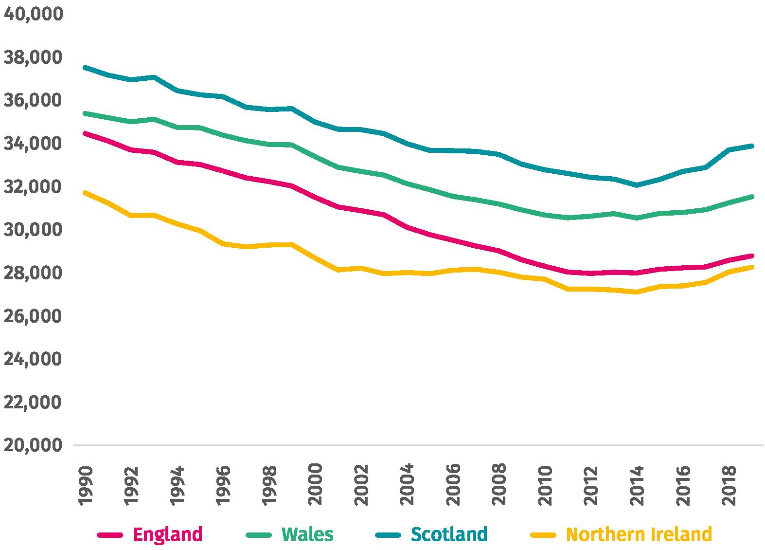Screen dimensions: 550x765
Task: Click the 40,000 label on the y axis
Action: click(x=33, y=14)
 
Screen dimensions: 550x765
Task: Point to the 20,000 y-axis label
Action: click(x=33, y=445)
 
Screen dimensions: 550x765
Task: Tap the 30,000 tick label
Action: click(x=33, y=230)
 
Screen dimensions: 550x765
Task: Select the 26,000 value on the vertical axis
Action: click(x=33, y=316)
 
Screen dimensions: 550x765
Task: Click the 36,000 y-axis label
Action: click(x=33, y=100)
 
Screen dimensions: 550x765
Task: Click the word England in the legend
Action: click(x=168, y=534)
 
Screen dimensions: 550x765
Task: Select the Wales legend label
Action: click(x=308, y=534)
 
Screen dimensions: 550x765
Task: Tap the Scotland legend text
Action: click(x=449, y=534)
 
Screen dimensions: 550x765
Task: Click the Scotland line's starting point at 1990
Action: click(x=85, y=68)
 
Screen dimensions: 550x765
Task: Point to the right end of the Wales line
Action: click(x=752, y=197)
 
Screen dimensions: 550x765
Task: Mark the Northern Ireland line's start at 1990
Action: click(x=85, y=193)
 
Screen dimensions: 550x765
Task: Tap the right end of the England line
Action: click(x=752, y=256)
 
